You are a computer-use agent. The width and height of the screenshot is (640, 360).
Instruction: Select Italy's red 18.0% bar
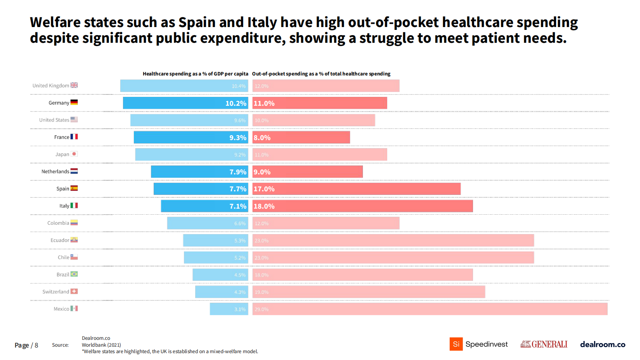pos(363,206)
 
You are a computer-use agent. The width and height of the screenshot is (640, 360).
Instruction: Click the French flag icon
pos(74,137)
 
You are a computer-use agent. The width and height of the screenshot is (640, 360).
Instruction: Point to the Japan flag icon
pos(74,154)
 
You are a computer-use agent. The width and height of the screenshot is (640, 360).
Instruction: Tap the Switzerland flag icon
pos(74,291)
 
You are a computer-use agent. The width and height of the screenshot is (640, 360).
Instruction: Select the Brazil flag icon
pos(74,274)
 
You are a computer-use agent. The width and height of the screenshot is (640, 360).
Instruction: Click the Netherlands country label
pos(55,172)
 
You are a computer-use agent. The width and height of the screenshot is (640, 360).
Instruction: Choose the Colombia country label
pos(58,223)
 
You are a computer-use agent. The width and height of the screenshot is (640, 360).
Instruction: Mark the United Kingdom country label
pos(51,86)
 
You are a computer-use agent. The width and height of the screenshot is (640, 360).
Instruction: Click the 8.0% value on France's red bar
pos(262,138)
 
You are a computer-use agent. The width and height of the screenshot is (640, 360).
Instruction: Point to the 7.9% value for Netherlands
pos(238,172)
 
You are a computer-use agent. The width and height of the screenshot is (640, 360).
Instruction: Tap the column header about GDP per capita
pos(195,74)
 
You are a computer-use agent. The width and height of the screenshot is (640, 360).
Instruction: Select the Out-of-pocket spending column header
pos(321,74)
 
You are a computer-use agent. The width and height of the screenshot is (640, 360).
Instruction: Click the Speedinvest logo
pos(479,344)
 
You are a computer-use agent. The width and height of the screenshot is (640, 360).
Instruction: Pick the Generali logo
pos(544,344)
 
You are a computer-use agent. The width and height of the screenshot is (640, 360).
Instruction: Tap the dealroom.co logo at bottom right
pos(602,344)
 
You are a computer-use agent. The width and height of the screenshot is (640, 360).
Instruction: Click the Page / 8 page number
pos(26,345)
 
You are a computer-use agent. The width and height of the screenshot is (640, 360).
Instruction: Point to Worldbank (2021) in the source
pos(101,345)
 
